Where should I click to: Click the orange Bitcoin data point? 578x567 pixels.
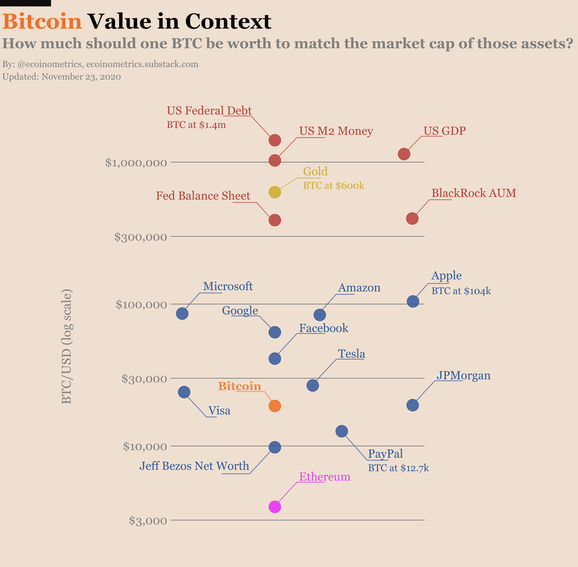tap(275, 406)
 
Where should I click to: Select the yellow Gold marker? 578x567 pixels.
tap(275, 192)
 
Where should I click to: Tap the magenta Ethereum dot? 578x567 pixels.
tap(275, 507)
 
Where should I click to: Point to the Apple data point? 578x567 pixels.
tap(413, 301)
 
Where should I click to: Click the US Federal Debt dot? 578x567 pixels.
tap(275, 140)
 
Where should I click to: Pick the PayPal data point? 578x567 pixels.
tap(342, 431)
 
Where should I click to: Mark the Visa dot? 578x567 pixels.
tap(184, 392)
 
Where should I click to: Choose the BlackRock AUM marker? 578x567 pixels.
tap(412, 218)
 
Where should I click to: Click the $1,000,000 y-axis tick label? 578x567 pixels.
tap(136, 163)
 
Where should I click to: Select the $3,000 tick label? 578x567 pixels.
tap(148, 520)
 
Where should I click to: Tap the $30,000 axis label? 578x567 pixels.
tap(144, 378)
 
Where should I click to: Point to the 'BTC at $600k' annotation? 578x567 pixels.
tap(334, 186)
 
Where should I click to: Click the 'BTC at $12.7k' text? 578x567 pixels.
tap(398, 468)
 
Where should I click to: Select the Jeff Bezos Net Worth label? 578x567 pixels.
tap(194, 466)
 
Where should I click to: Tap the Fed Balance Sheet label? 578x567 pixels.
tap(203, 196)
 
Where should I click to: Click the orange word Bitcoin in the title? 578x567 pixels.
tap(42, 21)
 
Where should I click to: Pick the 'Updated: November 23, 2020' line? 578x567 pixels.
tap(62, 77)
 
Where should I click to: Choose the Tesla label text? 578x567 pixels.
tap(351, 354)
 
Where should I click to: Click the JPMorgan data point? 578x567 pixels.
tap(413, 405)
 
